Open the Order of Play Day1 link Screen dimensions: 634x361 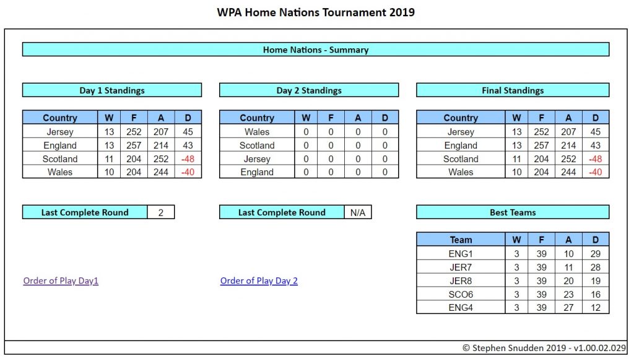click(x=61, y=281)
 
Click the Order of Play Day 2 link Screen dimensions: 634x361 click(x=259, y=281)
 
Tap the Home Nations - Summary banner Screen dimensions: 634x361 click(x=315, y=50)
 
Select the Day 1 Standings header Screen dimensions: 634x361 click(x=112, y=90)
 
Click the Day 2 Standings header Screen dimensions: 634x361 click(x=309, y=90)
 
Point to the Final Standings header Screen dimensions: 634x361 click(x=513, y=90)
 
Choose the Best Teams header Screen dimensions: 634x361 click(x=513, y=212)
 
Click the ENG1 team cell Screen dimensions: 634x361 click(x=461, y=253)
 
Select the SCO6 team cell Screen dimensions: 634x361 click(x=461, y=294)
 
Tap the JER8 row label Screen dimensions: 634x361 click(x=461, y=281)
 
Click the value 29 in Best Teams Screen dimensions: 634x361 click(x=595, y=253)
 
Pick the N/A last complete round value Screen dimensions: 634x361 click(x=358, y=212)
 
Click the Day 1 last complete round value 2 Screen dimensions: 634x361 click(x=160, y=212)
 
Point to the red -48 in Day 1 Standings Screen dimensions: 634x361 click(x=188, y=159)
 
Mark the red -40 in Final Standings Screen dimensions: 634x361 click(x=595, y=172)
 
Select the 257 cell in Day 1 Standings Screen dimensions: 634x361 click(x=134, y=145)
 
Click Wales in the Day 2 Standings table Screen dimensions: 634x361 click(x=257, y=132)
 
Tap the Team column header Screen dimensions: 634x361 click(x=461, y=240)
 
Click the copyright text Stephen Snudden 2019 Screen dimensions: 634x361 click(x=514, y=347)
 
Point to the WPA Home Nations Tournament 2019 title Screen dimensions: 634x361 click(x=316, y=12)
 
